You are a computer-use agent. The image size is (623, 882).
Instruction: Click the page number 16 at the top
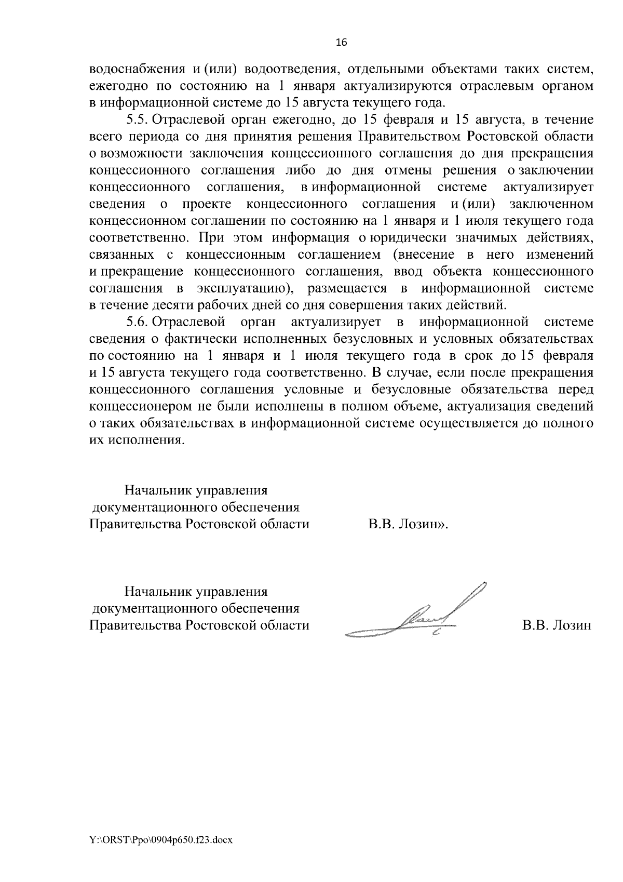pyautogui.click(x=341, y=43)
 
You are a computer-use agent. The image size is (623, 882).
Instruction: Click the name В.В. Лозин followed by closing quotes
pyautogui.click(x=408, y=524)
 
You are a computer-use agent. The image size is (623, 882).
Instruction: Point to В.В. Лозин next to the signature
pyautogui.click(x=557, y=625)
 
